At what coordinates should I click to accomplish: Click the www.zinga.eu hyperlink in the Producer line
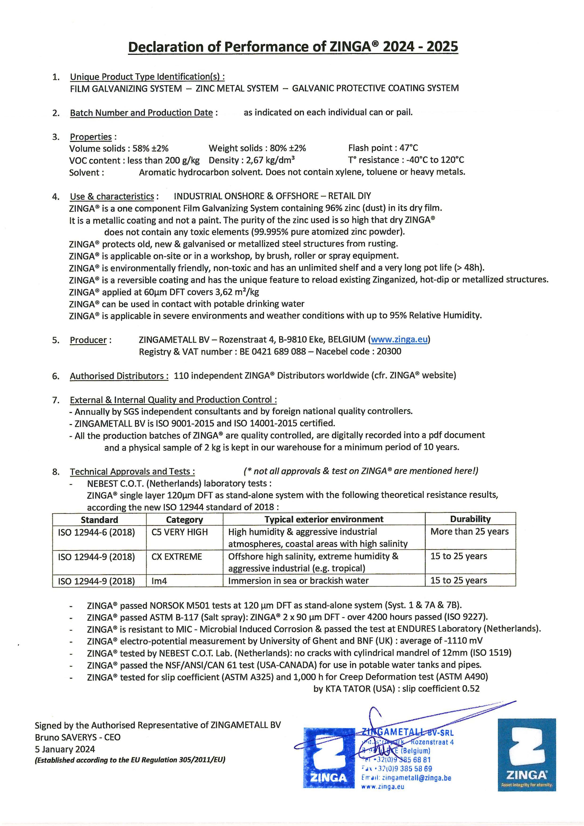(x=399, y=339)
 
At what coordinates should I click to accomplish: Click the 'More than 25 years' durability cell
(x=469, y=531)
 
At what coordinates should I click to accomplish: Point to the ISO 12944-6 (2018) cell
(x=97, y=532)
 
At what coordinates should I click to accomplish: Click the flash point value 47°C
(x=409, y=148)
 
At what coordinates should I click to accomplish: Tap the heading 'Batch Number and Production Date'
(x=142, y=113)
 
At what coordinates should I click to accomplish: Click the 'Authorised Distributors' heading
(x=119, y=376)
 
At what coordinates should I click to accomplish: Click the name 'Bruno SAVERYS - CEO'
(x=77, y=737)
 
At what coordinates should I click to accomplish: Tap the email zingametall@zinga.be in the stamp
(x=416, y=777)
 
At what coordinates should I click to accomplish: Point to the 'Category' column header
(x=184, y=519)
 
